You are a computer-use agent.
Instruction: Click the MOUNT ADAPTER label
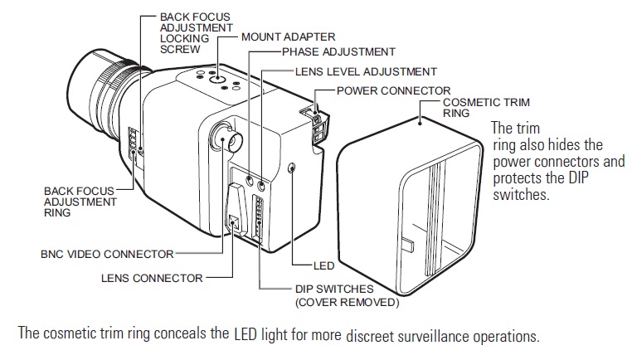pos(289,36)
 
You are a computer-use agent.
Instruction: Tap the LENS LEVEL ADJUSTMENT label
pos(366,72)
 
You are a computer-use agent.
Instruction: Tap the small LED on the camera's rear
pos(292,168)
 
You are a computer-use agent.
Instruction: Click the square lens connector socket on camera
pos(235,222)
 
